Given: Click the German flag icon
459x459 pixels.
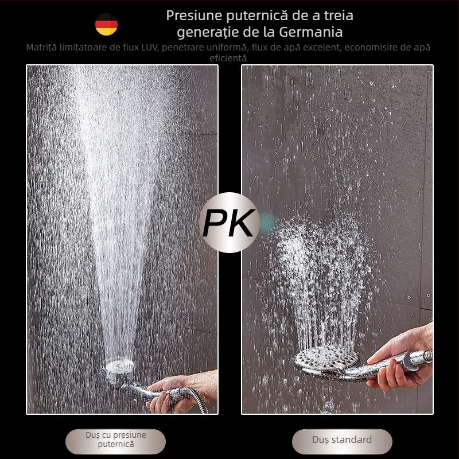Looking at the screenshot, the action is point(106,24).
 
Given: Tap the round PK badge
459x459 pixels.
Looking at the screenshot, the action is point(229,223).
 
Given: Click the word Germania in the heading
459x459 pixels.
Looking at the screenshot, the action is point(310,32).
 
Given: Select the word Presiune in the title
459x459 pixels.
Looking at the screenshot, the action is point(195,15).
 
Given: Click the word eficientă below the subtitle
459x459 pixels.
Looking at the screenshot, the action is point(228,58).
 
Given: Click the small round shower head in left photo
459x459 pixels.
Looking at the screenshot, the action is point(118,369).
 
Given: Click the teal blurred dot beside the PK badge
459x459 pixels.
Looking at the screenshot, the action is point(267,223).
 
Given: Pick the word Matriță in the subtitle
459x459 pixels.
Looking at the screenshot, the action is point(41,48).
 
